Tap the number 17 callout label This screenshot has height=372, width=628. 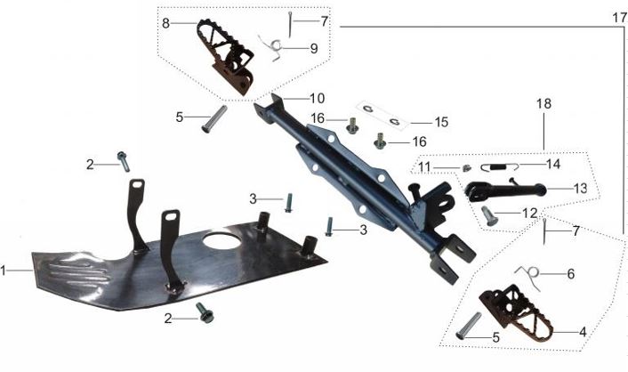pos(619,17)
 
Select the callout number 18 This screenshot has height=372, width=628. pos(543,103)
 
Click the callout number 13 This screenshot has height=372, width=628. pos(580,188)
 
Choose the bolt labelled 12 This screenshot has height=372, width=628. pos(489,214)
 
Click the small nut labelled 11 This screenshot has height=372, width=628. pos(465,168)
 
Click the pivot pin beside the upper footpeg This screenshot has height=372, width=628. pos(213,119)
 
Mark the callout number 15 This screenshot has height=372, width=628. pos(441,120)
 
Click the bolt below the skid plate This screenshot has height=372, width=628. pos(205,311)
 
